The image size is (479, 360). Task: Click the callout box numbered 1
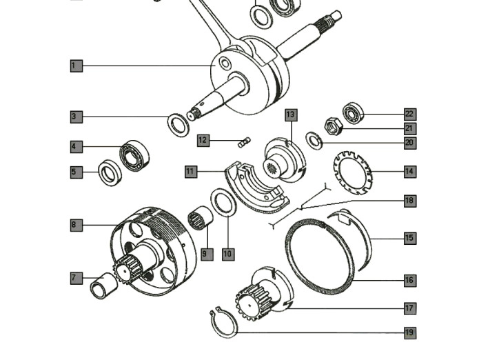coord(76,66)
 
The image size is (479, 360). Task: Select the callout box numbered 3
coord(76,117)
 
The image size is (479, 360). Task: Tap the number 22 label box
coord(409,114)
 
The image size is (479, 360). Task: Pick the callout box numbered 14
coord(409,171)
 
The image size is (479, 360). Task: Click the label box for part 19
coord(409,332)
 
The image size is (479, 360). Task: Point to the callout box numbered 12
coord(203,140)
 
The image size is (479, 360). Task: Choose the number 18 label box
coord(409,200)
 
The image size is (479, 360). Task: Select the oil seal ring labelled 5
coord(109,172)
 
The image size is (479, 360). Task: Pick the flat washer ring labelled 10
coord(221,203)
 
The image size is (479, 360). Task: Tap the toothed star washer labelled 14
coord(352,171)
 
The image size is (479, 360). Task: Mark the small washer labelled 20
coord(314,141)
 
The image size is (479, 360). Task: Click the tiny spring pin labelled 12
coord(242,143)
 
